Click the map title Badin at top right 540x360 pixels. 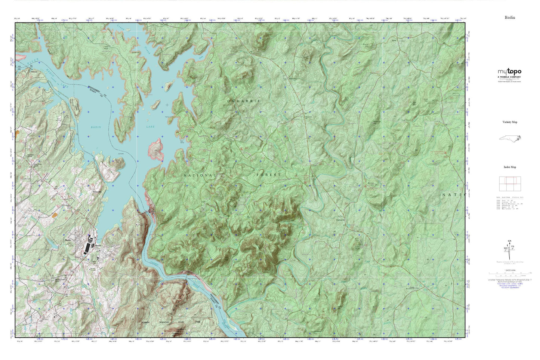[510, 18]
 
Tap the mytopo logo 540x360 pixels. [509, 72]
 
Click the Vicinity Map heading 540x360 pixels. [510, 122]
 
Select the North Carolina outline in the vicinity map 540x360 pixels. [510, 138]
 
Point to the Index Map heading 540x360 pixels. [510, 167]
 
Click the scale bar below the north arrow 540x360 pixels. [510, 273]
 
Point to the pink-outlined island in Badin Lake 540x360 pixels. [156, 149]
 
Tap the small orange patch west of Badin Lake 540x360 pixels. [55, 215]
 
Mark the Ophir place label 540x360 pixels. [394, 40]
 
